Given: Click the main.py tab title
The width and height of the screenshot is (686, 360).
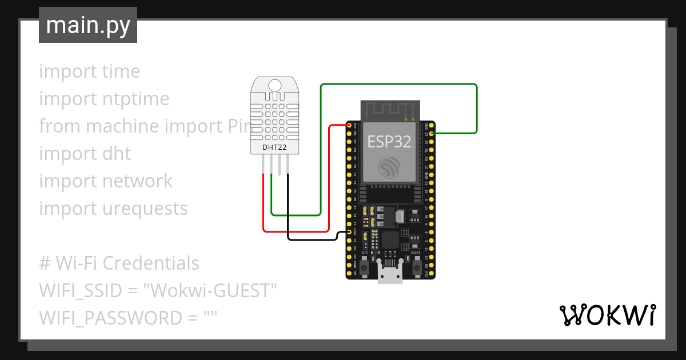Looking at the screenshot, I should point(88,25).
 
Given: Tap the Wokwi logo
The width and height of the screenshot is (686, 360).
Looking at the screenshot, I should point(607,315).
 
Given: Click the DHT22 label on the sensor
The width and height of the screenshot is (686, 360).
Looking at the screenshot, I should point(275,147).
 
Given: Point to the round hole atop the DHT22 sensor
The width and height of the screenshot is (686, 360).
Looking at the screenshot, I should point(275,86).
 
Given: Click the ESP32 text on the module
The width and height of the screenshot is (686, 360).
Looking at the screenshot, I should point(389,141).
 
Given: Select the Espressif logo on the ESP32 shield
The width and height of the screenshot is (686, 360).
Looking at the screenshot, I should point(389,166).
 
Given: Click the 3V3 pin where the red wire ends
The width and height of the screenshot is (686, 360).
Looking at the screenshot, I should point(350,125).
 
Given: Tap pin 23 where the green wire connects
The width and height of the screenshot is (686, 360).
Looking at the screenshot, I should point(431,133).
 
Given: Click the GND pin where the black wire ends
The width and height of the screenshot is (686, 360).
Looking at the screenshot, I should point(350,232).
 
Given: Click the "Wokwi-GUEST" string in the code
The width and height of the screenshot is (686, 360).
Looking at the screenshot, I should point(210,291).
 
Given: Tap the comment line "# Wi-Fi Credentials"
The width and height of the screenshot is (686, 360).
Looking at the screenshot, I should point(119,263).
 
